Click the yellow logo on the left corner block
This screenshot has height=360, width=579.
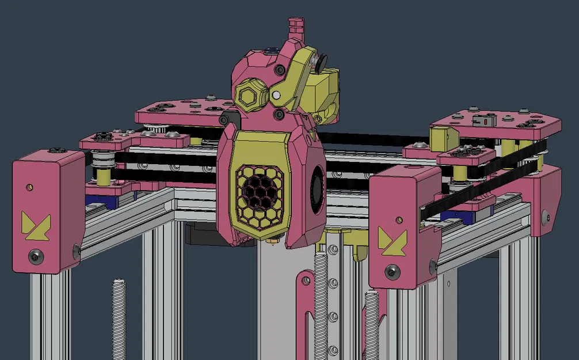tap(36, 225)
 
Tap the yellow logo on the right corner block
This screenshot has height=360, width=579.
tap(393, 240)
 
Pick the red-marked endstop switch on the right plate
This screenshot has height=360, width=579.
tap(485, 122)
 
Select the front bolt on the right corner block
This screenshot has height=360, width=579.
tap(393, 270)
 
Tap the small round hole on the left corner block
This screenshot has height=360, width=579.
tap(29, 187)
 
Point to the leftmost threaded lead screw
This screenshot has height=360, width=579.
tap(119, 317)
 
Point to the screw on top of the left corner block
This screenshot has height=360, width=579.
tap(55, 150)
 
